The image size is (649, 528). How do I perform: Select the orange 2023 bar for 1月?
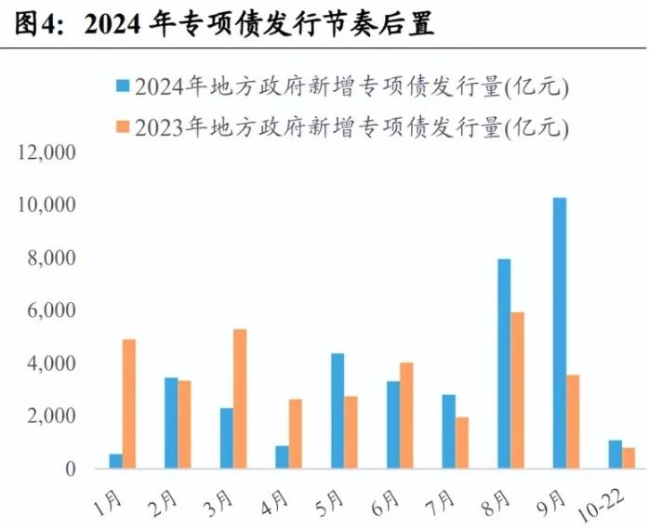pyautogui.click(x=129, y=403)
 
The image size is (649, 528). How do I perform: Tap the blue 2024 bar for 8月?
pyautogui.click(x=504, y=363)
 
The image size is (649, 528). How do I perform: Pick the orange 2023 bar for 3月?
pyautogui.click(x=240, y=399)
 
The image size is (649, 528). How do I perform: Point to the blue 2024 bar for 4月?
pyautogui.click(x=282, y=457)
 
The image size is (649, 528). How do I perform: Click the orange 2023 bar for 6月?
pyautogui.click(x=406, y=416)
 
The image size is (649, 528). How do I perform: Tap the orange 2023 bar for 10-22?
pyautogui.click(x=629, y=458)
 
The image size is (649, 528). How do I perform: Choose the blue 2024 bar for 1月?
pyautogui.click(x=115, y=461)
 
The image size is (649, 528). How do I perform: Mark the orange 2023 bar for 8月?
pyautogui.click(x=518, y=390)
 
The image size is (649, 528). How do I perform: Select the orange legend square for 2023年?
pyautogui.click(x=122, y=125)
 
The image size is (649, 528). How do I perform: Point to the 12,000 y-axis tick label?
pyautogui.click(x=44, y=152)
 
